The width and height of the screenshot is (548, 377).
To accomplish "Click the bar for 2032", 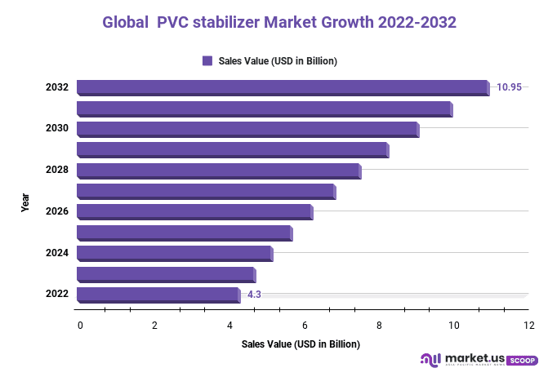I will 282,87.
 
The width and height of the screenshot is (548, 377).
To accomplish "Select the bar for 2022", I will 158,295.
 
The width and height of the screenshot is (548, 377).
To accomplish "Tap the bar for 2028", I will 218,171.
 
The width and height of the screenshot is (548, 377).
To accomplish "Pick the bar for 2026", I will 194,212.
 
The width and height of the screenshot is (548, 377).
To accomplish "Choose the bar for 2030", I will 247,129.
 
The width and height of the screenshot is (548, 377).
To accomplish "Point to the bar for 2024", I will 174,253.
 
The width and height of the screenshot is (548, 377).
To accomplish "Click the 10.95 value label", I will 509,87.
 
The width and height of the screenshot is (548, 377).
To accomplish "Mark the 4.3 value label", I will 254,295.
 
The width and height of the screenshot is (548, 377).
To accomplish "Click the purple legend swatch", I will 207,60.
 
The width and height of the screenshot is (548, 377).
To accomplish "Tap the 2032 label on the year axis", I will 56,87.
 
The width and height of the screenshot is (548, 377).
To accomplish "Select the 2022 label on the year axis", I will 56,295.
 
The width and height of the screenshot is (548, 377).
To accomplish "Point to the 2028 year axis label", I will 56,171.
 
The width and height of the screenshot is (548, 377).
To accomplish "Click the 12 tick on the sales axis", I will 528,326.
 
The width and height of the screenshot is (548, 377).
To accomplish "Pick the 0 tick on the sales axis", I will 80,326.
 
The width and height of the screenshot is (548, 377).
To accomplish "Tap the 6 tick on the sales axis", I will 304,326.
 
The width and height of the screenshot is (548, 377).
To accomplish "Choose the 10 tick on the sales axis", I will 453,326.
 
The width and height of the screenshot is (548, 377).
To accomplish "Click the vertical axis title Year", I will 25,202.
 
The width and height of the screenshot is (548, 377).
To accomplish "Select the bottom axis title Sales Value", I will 301,344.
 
